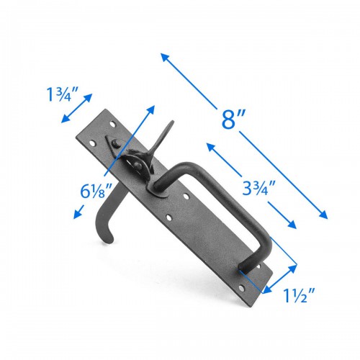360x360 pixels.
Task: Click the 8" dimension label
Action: (233, 119)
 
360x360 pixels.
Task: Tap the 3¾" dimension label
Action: (258, 188)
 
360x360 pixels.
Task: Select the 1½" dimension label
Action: (299, 295)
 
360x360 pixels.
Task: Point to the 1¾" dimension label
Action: (63, 94)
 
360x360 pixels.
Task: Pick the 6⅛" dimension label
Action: (96, 191)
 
